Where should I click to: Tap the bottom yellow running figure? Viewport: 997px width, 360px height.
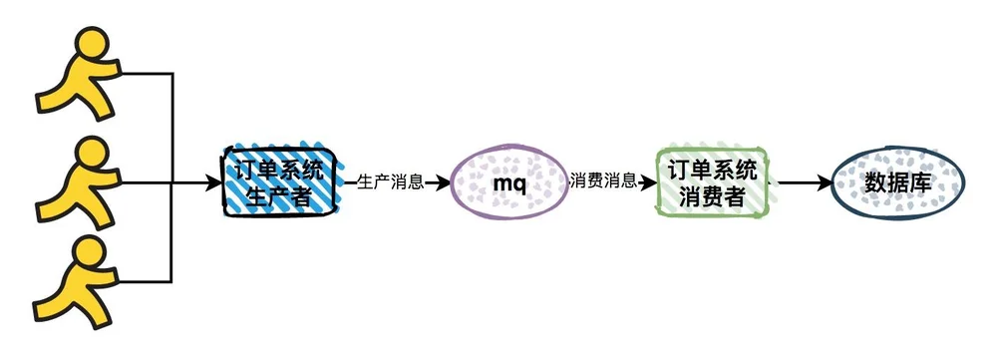(78, 283)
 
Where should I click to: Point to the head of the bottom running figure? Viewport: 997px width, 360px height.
(89, 253)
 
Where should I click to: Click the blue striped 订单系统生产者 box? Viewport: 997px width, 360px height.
(279, 181)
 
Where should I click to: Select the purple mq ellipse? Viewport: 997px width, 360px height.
(509, 181)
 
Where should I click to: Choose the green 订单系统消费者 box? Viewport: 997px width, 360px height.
(712, 181)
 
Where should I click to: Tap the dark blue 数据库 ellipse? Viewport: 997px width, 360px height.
(898, 182)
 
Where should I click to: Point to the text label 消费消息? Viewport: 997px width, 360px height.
(604, 181)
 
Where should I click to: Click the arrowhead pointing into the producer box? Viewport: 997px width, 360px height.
(213, 183)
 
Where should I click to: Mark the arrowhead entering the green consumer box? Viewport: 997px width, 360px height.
(648, 183)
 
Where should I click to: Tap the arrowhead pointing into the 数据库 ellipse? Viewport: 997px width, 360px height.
(825, 183)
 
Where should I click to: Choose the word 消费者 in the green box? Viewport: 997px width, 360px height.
(712, 195)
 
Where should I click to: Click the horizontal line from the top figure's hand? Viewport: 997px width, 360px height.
(147, 73)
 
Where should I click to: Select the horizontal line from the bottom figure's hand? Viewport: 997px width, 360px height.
(145, 280)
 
